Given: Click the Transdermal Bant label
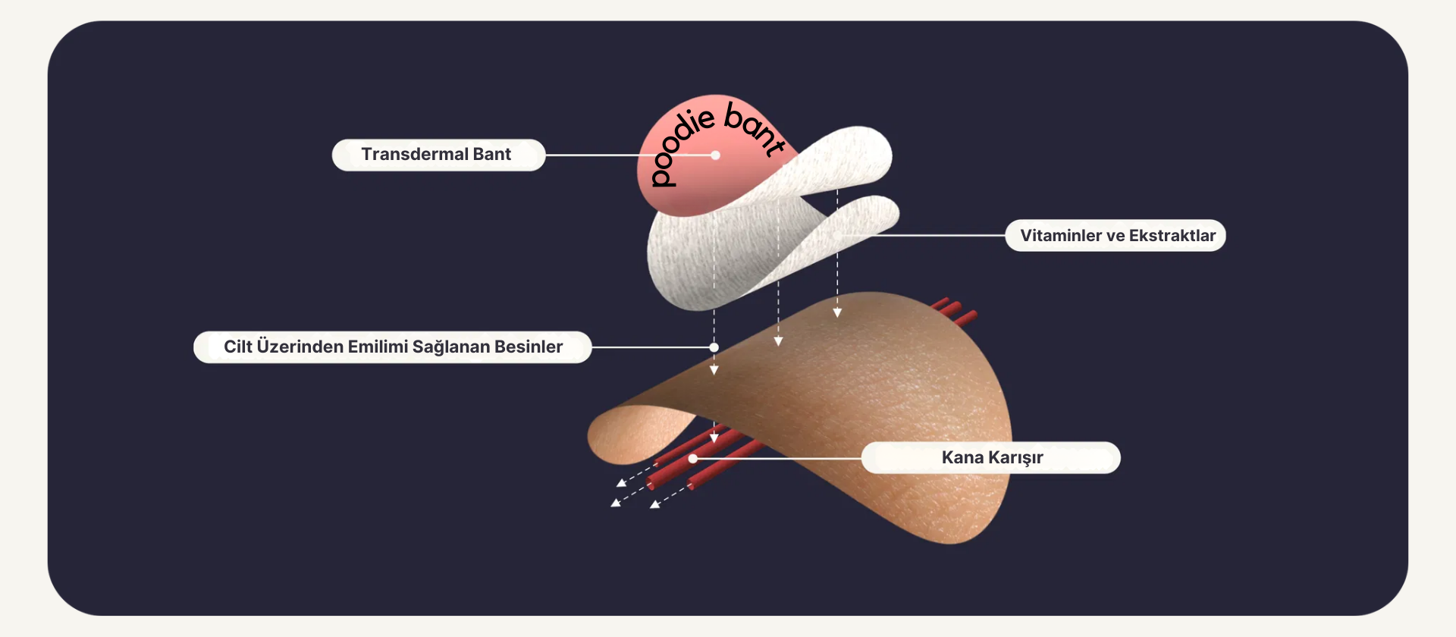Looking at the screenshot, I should (x=438, y=155).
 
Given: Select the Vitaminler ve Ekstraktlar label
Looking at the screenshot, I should (x=1116, y=236).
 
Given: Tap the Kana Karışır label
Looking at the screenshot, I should (x=991, y=458).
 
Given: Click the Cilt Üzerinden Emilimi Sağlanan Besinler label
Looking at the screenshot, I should (x=392, y=347).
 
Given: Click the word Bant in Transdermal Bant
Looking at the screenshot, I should (x=491, y=155).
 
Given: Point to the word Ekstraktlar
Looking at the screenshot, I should (x=1172, y=236).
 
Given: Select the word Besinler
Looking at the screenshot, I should (x=528, y=347).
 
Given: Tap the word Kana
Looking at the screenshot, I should (x=962, y=458).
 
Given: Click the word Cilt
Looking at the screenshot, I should (x=237, y=347).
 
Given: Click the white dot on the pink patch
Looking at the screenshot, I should (x=715, y=155).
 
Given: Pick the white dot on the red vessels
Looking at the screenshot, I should (x=692, y=459).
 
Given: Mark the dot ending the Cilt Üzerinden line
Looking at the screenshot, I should (x=714, y=347).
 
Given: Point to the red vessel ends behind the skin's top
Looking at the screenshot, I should (x=955, y=310).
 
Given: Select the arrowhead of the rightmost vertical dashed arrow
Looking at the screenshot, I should (x=837, y=312).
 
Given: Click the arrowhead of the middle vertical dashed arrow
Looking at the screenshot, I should (x=778, y=342).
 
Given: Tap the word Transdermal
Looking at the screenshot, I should (x=414, y=155).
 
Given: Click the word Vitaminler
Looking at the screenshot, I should (x=1060, y=236).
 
